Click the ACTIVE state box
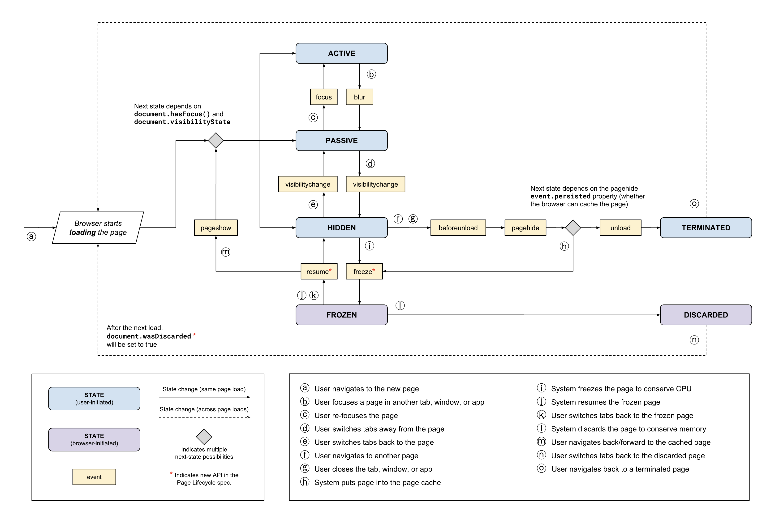click(x=341, y=53)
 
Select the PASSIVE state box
click(x=341, y=140)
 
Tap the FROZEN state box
click(x=341, y=315)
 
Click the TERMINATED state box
click(x=706, y=228)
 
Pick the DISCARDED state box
click(x=706, y=315)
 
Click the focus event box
click(x=323, y=97)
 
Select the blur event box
click(x=359, y=97)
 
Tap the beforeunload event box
click(x=458, y=228)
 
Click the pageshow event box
click(x=216, y=228)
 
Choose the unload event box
click(x=620, y=228)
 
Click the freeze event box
click(x=364, y=271)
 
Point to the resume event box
click(x=319, y=271)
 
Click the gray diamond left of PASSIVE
click(x=216, y=140)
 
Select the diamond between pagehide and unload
click(x=573, y=228)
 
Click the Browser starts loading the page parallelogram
click(x=98, y=228)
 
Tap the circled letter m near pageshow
click(x=226, y=252)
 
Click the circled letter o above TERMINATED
click(x=694, y=203)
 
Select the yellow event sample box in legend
click(x=94, y=477)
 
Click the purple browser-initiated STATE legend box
click(x=94, y=439)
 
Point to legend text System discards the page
click(x=628, y=429)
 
